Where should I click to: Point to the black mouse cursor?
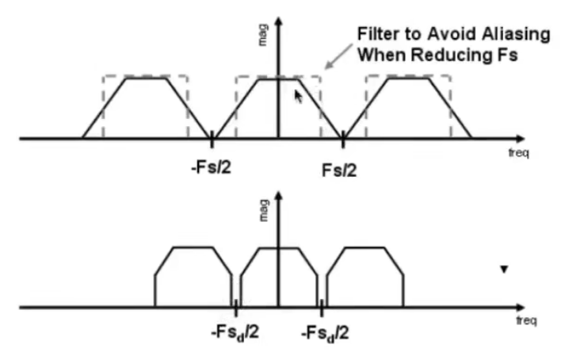click(298, 96)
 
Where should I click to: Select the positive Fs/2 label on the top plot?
click(342, 167)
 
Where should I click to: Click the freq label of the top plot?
click(519, 152)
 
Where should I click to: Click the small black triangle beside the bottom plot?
click(502, 270)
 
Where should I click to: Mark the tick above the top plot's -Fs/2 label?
click(212, 140)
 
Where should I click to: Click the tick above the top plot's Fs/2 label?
click(342, 140)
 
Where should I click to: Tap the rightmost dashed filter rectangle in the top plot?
click(409, 107)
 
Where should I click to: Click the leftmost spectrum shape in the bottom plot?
click(193, 278)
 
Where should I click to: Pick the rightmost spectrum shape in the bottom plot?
click(365, 278)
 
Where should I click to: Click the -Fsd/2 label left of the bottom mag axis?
click(235, 334)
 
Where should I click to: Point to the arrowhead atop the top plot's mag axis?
click(278, 13)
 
